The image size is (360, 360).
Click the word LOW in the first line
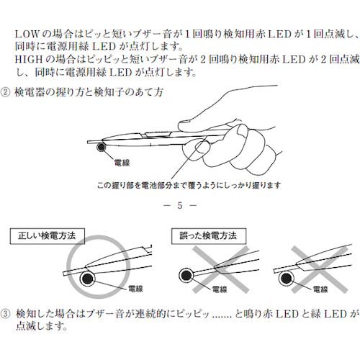(27, 33)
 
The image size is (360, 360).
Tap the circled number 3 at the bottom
(8, 315)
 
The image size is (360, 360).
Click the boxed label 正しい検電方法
(48, 235)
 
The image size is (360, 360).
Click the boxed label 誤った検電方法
(208, 235)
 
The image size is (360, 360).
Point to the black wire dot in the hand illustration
(103, 148)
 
